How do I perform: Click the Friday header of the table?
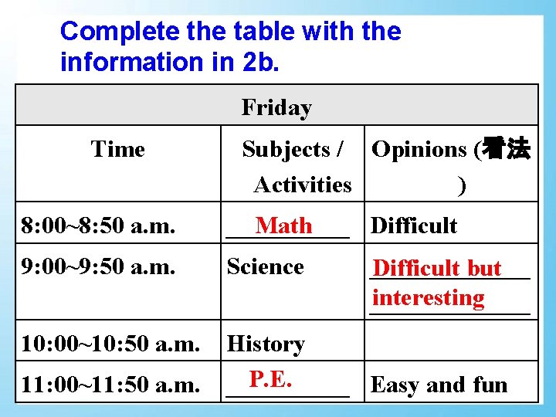276,107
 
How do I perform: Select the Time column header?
117,149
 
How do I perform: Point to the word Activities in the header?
302,185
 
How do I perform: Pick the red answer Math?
284,225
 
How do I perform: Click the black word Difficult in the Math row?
414,225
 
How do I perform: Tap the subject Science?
265,267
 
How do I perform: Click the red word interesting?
428,297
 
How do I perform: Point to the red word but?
484,268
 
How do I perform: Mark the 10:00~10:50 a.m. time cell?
110,344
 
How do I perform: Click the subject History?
266,344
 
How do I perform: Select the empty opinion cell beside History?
451,341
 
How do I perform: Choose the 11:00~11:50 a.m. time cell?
110,384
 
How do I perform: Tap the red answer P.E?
270,378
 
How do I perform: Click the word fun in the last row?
490,384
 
